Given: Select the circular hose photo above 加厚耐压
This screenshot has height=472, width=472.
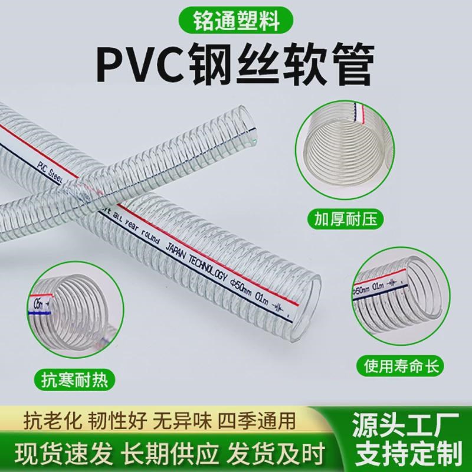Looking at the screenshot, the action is [343, 148].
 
